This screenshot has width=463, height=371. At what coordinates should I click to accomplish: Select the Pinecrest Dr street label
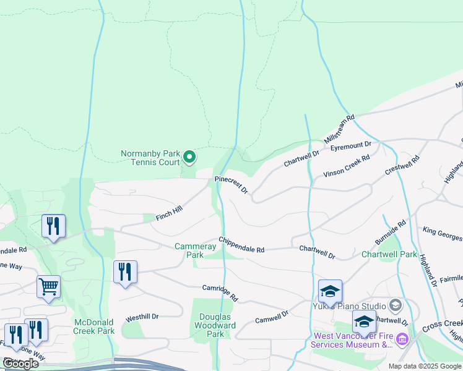231,184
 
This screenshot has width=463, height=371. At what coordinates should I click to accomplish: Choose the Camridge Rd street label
220,292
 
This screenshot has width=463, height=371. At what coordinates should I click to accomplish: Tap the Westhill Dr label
142,317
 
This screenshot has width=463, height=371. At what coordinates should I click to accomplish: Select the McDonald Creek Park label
94,326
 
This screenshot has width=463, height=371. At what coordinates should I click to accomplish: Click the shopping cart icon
48,286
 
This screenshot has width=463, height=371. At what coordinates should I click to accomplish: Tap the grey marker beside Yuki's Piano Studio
395,305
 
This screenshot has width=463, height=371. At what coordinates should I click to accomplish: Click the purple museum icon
402,339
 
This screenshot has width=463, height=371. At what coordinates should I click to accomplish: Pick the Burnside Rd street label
390,231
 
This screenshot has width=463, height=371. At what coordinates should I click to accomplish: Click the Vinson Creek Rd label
347,166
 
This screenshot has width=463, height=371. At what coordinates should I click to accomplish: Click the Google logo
20,364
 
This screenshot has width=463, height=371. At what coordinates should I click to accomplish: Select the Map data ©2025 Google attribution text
424,366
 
